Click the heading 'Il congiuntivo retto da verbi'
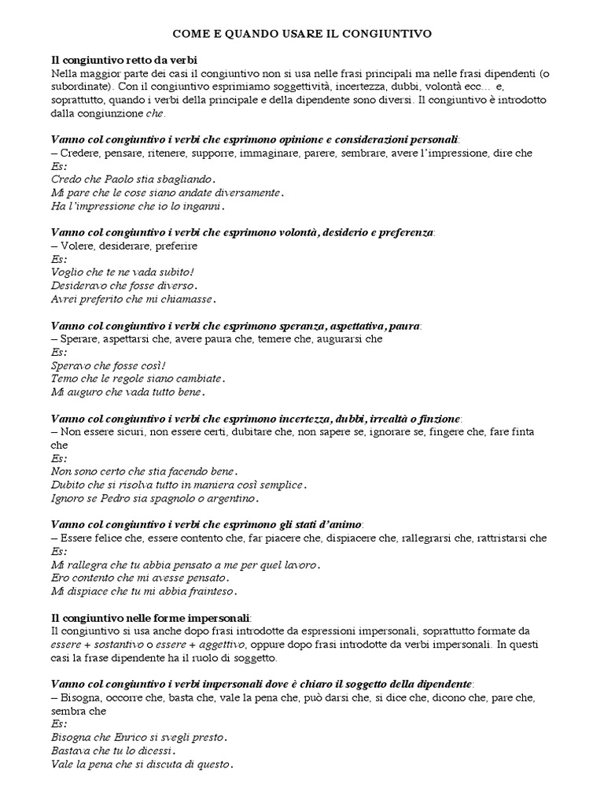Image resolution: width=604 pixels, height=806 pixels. click(124, 61)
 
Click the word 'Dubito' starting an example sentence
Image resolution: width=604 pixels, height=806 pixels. click(68, 485)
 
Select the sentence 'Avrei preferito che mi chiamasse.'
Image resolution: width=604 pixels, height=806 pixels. click(133, 299)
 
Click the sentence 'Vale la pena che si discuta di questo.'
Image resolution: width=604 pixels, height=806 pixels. click(142, 764)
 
